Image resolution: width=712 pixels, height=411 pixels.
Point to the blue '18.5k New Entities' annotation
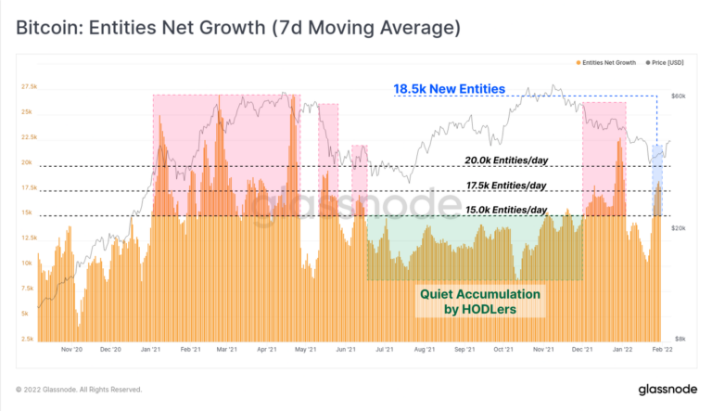(449, 89)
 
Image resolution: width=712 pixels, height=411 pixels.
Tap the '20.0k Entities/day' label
(506, 160)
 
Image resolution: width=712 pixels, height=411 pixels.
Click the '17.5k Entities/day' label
(506, 185)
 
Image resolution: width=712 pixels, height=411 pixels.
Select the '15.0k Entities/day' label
(506, 210)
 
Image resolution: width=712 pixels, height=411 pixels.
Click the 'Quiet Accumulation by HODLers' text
(479, 301)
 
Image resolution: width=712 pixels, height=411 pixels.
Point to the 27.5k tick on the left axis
(28, 86)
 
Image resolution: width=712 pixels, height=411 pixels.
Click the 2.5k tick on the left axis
(29, 339)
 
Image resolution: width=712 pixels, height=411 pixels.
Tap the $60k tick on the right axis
(678, 96)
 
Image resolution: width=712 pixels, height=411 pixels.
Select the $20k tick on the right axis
(678, 227)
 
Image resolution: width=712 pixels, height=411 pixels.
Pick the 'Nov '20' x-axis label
(71, 352)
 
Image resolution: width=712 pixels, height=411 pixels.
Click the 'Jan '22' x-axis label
(619, 352)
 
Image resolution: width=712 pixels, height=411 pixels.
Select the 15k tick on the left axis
(29, 212)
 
